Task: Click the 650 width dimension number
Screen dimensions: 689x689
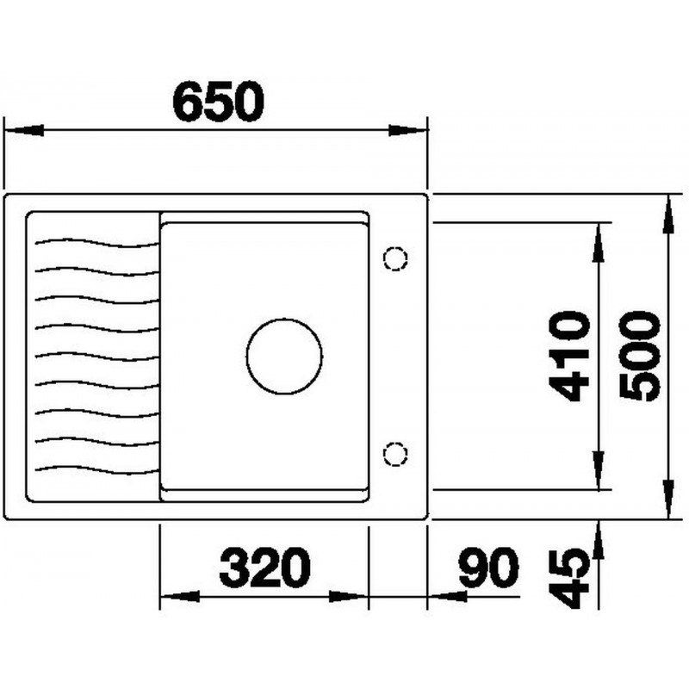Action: (219, 102)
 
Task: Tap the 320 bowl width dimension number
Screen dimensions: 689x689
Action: (265, 567)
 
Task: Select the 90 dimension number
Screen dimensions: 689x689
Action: (488, 567)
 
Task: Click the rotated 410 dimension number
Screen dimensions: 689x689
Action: (569, 356)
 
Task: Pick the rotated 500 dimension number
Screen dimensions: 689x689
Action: (639, 356)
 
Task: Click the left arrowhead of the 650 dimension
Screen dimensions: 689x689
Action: (23, 130)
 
